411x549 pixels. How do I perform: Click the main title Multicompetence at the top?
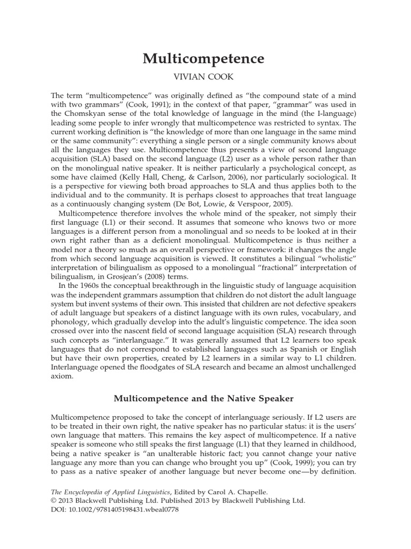[x=203, y=59]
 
